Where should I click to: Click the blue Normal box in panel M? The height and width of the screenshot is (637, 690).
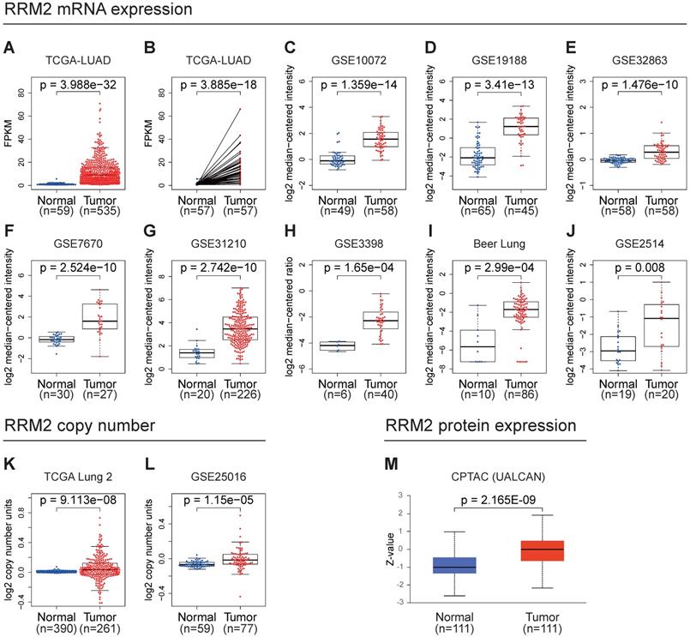click(x=454, y=565)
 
